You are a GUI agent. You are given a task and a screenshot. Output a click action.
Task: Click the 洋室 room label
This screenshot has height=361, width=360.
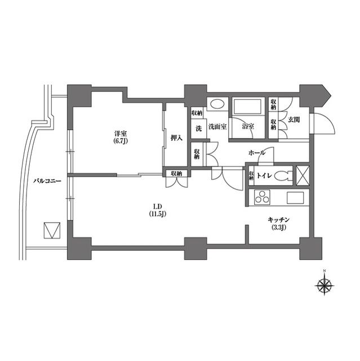tap(119, 134)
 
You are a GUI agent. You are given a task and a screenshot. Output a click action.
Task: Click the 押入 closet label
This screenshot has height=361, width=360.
tap(176, 137)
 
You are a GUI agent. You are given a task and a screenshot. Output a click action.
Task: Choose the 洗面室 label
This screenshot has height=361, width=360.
tap(217, 127)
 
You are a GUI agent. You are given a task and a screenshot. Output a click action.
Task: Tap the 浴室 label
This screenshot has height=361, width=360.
tap(247, 127)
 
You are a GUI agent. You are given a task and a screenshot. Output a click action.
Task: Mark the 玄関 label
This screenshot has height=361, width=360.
tap(294, 120)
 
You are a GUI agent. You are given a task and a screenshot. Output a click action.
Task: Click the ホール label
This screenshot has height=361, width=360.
tap(257, 152)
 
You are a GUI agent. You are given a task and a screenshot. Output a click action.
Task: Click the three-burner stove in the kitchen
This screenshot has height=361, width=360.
tap(263, 199)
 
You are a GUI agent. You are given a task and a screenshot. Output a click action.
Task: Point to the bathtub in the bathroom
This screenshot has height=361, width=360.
tap(247, 108)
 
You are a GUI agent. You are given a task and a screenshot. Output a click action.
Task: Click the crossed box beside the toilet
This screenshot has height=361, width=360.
tap(303, 175)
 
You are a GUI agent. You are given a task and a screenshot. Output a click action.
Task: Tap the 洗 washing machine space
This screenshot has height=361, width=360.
tap(198, 127)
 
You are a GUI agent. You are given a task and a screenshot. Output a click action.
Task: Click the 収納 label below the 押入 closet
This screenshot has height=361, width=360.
tap(176, 173)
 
